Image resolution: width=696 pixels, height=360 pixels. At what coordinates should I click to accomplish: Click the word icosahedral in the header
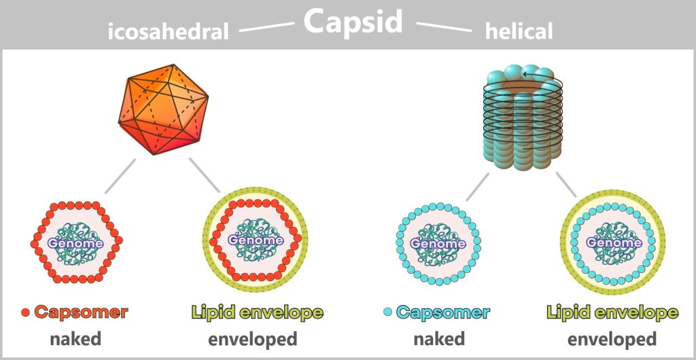(168, 31)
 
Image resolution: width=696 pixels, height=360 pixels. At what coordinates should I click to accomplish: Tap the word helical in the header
(519, 31)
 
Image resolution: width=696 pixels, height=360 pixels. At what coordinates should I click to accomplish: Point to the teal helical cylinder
(523, 122)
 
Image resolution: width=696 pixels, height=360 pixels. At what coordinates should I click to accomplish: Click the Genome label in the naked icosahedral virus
(75, 242)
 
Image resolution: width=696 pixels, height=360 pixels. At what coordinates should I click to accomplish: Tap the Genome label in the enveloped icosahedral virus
(255, 240)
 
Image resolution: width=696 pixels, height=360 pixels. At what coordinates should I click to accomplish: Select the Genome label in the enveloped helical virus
(614, 242)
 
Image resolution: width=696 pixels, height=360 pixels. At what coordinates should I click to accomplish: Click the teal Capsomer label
(443, 312)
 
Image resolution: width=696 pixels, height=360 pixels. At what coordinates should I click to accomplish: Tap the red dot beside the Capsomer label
(26, 313)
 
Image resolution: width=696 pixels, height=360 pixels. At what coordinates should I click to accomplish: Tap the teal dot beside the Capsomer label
(387, 312)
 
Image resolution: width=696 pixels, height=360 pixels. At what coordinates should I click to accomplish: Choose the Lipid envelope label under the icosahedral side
(257, 312)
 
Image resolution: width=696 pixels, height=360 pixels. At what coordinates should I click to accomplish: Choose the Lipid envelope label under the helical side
(612, 312)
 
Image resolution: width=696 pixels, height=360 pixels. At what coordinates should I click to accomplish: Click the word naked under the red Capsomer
(75, 338)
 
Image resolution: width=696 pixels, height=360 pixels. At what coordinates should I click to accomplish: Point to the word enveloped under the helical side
(612, 338)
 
